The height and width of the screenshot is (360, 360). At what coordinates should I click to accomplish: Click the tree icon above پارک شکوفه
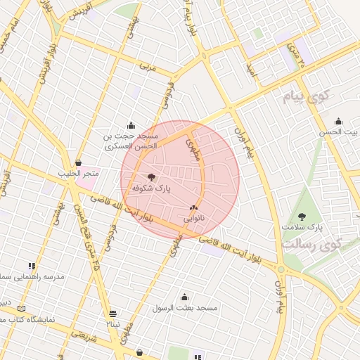coord(152,177)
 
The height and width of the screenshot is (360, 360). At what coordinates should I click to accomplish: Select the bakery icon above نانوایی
coord(193,208)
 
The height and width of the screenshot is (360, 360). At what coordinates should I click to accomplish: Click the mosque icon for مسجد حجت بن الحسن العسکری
coord(130,126)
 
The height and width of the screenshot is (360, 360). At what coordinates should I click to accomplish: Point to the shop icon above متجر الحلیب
coord(78,162)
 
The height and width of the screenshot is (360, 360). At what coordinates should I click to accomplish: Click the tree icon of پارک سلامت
coord(302,217)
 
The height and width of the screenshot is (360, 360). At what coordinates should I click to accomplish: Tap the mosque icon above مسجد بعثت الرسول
coord(185,297)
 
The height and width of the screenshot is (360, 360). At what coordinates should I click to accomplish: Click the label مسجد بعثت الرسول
coord(186,308)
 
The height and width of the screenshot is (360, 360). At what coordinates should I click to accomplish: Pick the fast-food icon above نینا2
coord(113,314)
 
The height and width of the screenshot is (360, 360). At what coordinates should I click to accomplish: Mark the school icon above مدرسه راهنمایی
coord(32,266)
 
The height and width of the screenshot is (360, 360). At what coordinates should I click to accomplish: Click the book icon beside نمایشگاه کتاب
coord(21,309)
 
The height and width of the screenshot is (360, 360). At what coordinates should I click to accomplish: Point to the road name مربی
coord(146,67)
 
